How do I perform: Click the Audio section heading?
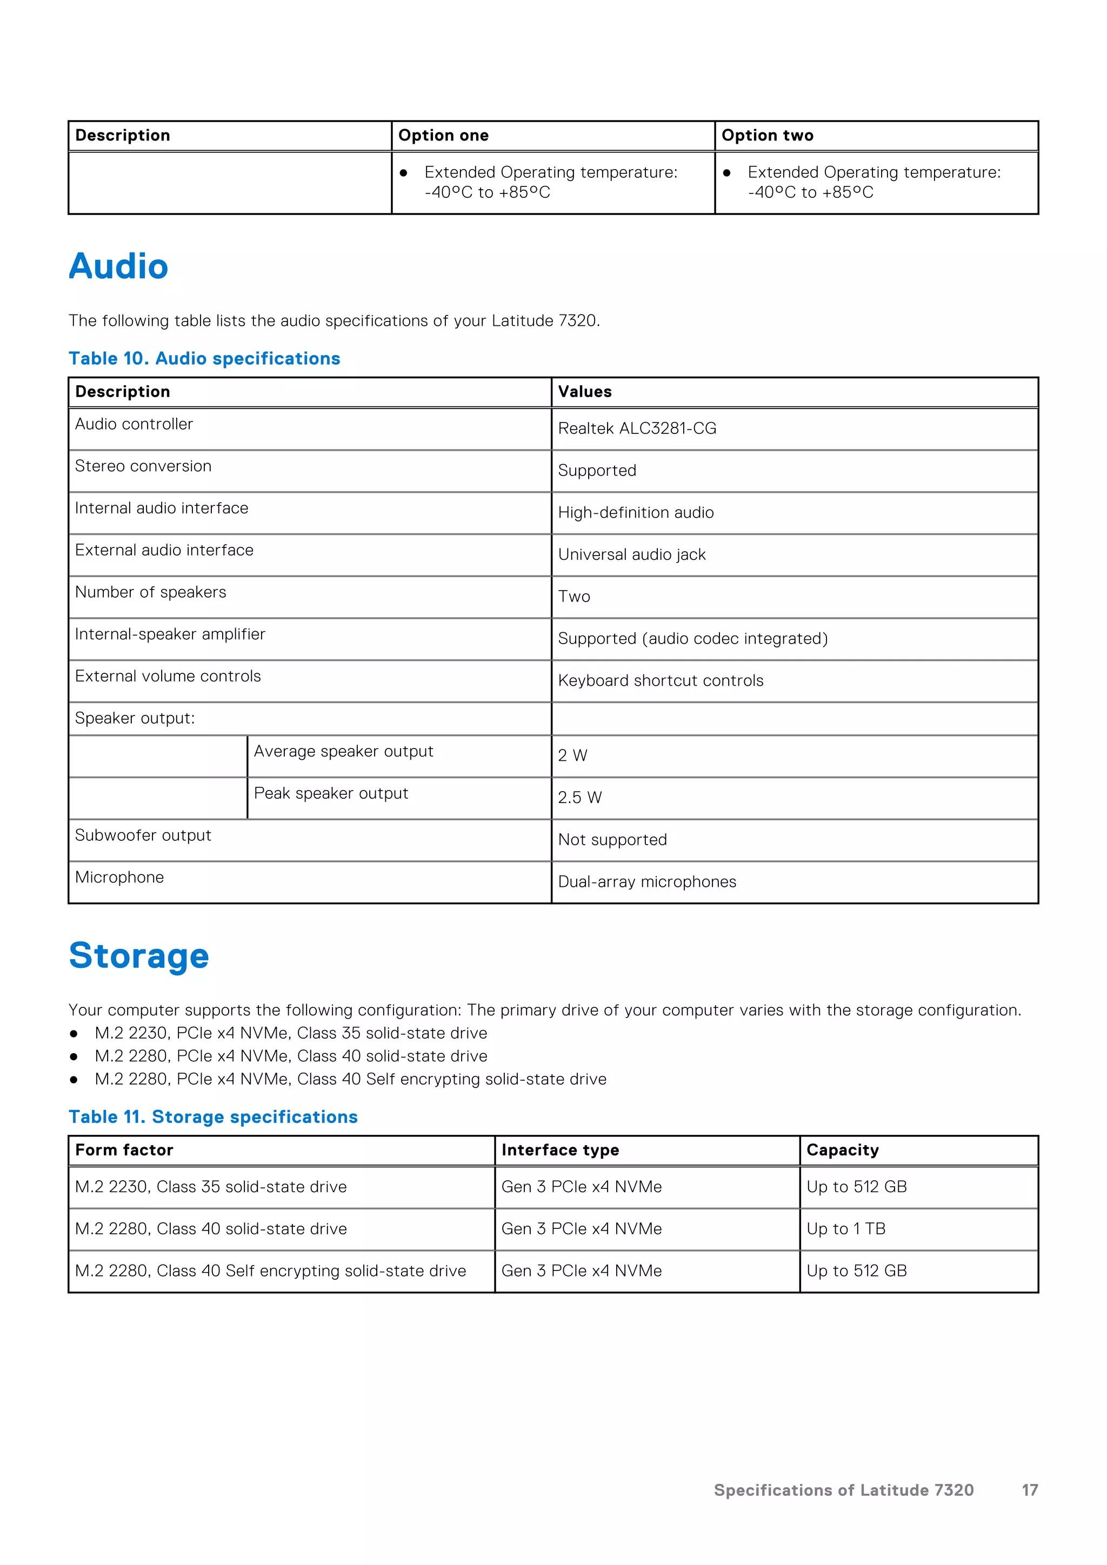(118, 266)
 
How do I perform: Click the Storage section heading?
(139, 955)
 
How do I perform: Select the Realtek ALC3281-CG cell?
(637, 428)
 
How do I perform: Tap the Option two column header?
(767, 135)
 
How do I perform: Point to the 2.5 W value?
(579, 798)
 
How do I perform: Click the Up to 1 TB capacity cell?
(845, 1228)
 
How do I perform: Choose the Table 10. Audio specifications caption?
(204, 358)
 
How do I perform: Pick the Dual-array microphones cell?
(646, 881)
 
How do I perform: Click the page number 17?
(1029, 1490)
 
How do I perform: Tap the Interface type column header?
(559, 1150)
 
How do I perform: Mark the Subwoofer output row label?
(143, 835)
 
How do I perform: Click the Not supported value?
(612, 840)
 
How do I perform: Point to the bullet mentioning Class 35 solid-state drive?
(290, 1033)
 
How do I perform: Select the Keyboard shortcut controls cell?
(660, 680)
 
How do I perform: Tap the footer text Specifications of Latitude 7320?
(843, 1490)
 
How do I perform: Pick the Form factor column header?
(124, 1150)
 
